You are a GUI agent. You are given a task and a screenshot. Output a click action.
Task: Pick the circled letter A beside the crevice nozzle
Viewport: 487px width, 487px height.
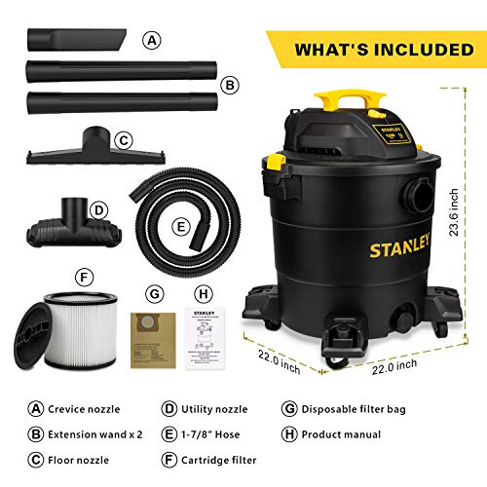[152, 41]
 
